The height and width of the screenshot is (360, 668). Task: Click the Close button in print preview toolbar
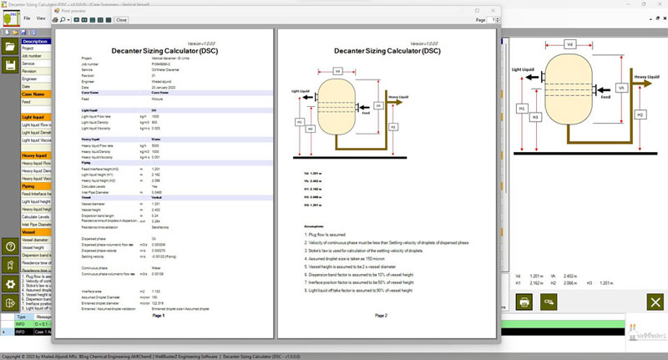coord(121,19)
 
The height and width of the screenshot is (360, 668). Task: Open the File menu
coord(28,18)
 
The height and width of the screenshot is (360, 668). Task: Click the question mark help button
coord(10,246)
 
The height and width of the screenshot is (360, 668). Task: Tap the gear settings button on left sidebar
coord(10,284)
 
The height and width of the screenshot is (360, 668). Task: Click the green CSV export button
coord(549,302)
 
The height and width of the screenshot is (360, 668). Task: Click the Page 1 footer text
coord(159,316)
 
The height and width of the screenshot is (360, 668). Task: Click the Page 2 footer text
coord(381,316)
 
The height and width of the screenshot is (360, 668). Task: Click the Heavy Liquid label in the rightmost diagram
coord(648,77)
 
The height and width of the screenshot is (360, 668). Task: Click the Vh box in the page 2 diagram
coord(378,106)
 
